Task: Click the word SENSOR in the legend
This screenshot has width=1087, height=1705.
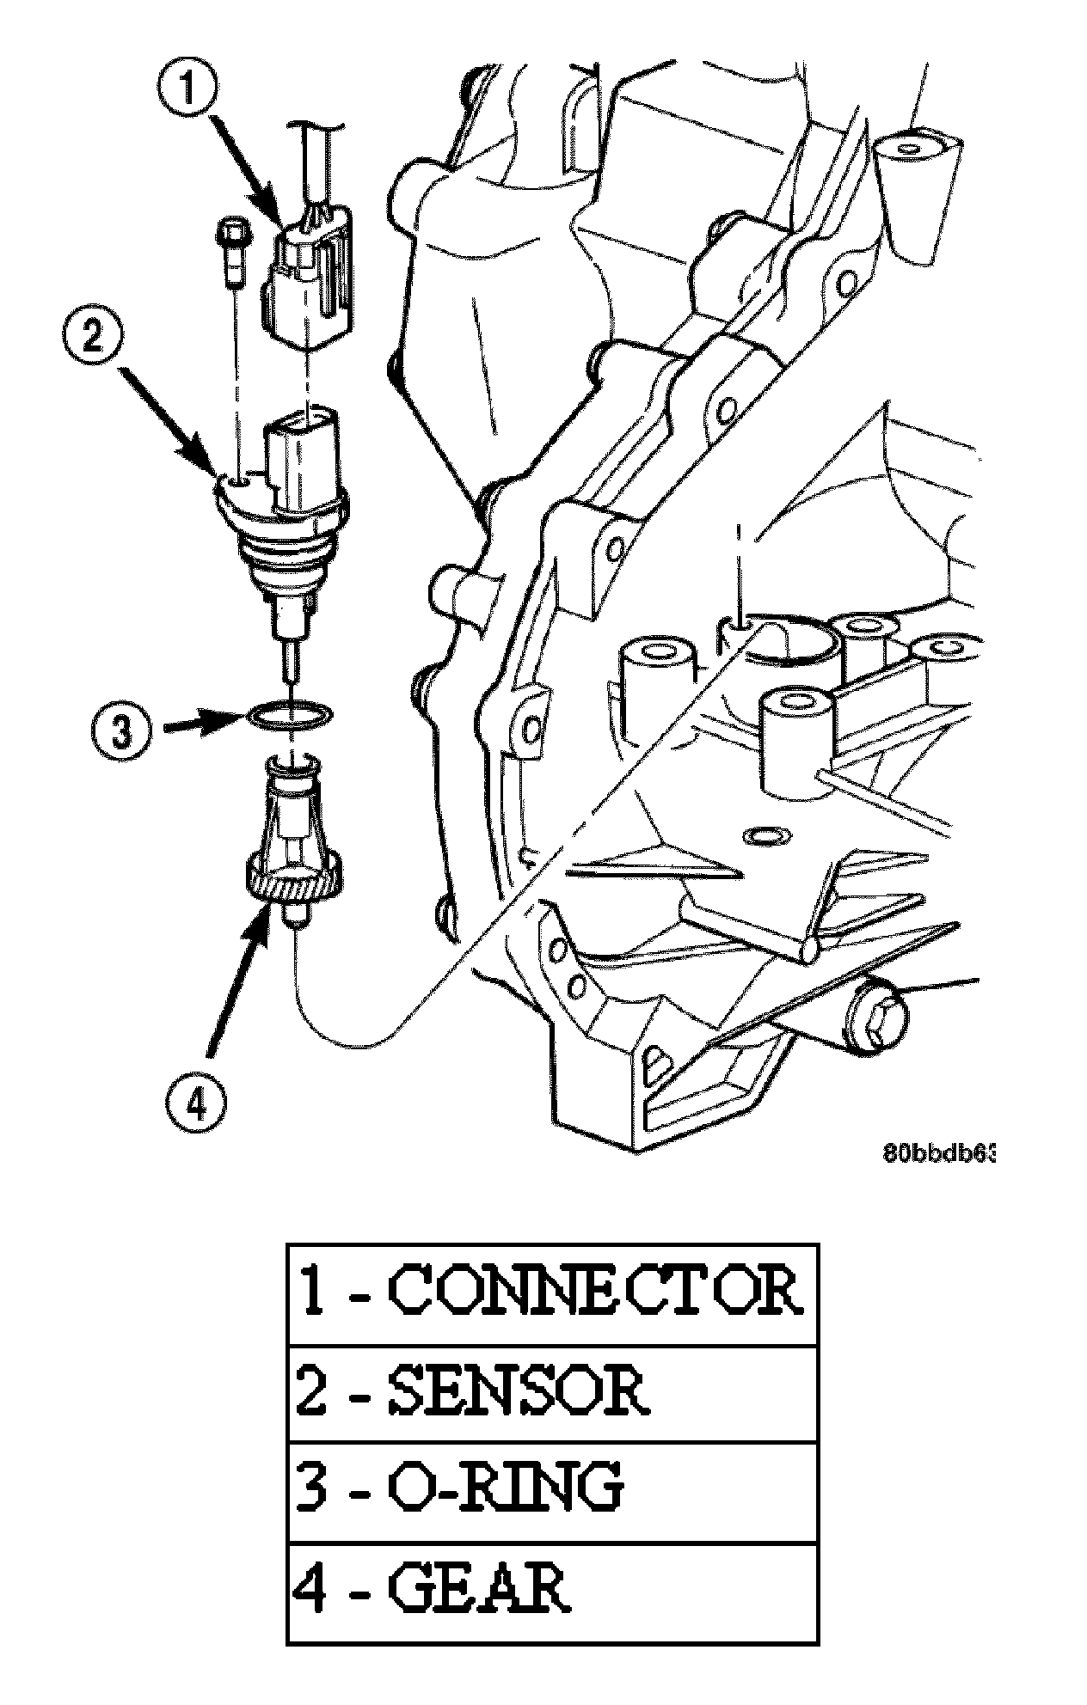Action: (x=516, y=1393)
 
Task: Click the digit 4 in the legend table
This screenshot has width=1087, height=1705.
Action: (x=310, y=1591)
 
